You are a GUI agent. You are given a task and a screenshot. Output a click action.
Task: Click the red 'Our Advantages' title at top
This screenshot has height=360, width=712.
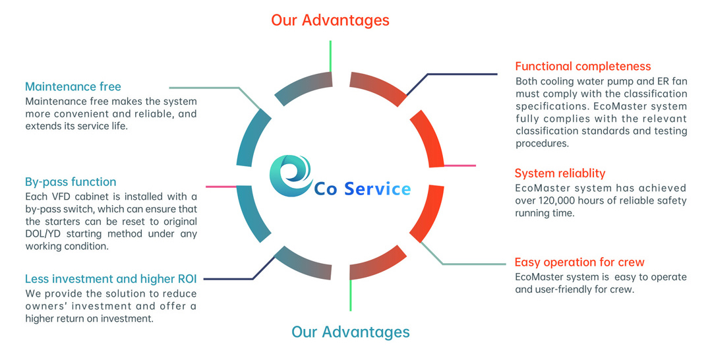(330, 20)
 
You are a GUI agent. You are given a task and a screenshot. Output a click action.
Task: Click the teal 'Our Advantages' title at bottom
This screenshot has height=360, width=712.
(351, 332)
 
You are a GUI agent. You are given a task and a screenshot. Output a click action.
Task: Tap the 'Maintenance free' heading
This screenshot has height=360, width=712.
(73, 86)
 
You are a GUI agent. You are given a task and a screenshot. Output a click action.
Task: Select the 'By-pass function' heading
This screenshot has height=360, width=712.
(71, 181)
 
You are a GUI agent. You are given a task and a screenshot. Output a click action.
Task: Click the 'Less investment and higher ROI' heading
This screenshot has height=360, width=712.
(111, 278)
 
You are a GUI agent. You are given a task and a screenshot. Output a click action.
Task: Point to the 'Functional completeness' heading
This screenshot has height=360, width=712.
(583, 67)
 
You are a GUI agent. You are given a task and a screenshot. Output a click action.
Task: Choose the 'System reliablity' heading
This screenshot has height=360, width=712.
(560, 173)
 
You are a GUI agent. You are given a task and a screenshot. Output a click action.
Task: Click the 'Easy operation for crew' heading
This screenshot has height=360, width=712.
(579, 262)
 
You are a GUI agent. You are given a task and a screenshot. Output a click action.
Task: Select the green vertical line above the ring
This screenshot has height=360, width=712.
(330, 56)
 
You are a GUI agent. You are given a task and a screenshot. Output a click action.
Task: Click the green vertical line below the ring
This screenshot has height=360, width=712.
(351, 295)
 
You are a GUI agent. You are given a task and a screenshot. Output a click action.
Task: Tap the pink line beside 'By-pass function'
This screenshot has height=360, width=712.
(221, 187)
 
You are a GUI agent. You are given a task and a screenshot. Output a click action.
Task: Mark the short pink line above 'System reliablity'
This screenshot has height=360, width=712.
(460, 165)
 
